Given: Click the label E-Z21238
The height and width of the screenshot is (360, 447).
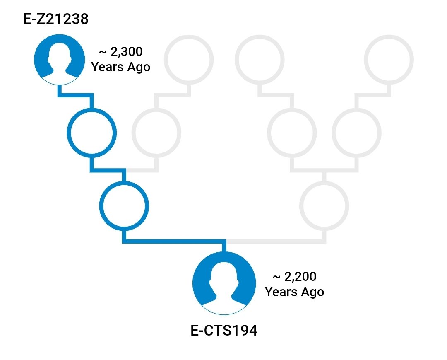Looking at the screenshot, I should click(x=56, y=19).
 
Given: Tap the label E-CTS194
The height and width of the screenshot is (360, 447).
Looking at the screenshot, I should click(x=224, y=331).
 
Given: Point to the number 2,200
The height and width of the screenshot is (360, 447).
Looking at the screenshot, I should click(x=300, y=276).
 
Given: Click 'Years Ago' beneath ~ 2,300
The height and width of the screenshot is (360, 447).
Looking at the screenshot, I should click(x=120, y=67).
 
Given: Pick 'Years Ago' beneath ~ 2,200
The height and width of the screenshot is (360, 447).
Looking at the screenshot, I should click(x=294, y=292).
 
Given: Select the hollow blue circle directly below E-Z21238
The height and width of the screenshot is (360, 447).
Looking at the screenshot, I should click(x=91, y=133).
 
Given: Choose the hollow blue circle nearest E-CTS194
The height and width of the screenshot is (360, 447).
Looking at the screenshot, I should click(x=123, y=205).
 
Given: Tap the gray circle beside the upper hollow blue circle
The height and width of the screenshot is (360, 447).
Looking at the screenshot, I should click(x=156, y=133).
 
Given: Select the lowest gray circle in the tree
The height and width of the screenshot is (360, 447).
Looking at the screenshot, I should click(x=324, y=205).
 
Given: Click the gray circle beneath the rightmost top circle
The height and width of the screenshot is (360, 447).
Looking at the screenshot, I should click(x=356, y=133).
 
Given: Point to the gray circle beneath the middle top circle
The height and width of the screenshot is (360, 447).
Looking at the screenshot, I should click(x=292, y=133).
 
